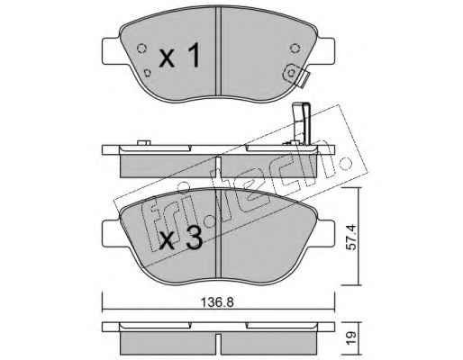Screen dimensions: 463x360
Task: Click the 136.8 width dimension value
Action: [x=217, y=302]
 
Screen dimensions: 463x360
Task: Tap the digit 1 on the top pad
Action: [x=194, y=55]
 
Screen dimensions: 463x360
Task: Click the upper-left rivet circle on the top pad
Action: [x=141, y=48]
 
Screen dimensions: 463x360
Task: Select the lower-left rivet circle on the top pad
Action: [x=147, y=73]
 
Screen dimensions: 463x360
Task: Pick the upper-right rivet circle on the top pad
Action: [x=295, y=48]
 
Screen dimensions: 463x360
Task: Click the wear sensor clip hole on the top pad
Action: [x=291, y=73]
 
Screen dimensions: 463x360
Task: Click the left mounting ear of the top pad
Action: [x=112, y=51]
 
